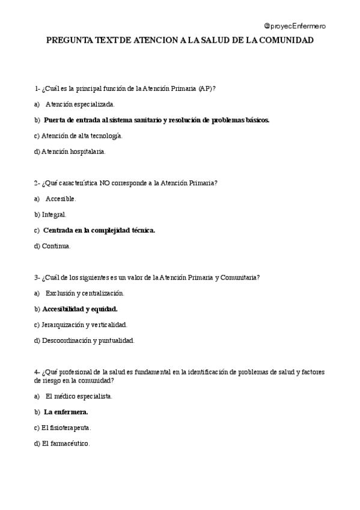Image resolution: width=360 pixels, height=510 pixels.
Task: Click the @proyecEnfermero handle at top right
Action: [296, 26]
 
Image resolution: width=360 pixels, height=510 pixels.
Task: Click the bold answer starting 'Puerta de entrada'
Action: [156, 120]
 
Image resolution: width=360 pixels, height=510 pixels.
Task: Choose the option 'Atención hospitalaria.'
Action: [73, 152]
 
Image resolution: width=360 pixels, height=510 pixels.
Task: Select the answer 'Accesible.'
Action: [61, 198]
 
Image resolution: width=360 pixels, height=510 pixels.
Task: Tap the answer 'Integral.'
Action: [54, 214]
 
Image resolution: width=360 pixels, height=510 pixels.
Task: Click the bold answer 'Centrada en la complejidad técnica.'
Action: [99, 230]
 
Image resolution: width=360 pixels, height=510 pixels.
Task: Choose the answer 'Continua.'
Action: [56, 246]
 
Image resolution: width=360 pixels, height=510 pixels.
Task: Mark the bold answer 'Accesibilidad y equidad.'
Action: [80, 309]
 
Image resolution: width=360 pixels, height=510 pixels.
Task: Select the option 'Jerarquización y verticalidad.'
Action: [84, 324]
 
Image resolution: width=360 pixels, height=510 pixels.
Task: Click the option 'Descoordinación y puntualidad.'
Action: [88, 340]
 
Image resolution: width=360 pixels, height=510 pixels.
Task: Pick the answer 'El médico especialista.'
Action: [79, 396]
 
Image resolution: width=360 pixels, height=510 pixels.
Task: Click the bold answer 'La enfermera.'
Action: [66, 412]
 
